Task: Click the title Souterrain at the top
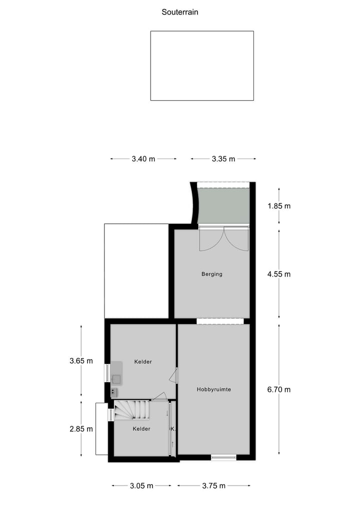180,12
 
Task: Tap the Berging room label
211,274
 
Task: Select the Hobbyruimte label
213,389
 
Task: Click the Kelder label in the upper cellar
143,362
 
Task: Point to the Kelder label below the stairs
141,429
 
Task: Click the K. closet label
172,429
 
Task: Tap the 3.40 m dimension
143,159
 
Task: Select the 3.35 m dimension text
223,159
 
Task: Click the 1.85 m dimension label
278,206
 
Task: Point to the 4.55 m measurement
278,274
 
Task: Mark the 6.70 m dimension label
278,390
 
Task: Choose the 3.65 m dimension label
81,361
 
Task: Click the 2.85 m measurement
81,429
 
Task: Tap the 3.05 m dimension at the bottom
141,486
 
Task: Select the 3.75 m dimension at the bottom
213,486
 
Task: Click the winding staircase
132,410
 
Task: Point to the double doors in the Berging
223,238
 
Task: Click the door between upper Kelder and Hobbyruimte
173,376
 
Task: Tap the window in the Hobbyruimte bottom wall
223,457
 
